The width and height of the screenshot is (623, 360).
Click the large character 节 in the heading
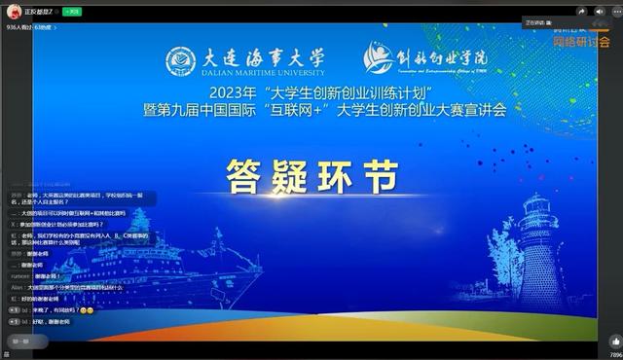[x=379, y=175]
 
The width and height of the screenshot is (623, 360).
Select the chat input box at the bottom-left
[x=68, y=342]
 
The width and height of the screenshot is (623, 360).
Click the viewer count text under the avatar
[x=29, y=27]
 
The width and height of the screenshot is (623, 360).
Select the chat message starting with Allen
[x=73, y=288]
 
